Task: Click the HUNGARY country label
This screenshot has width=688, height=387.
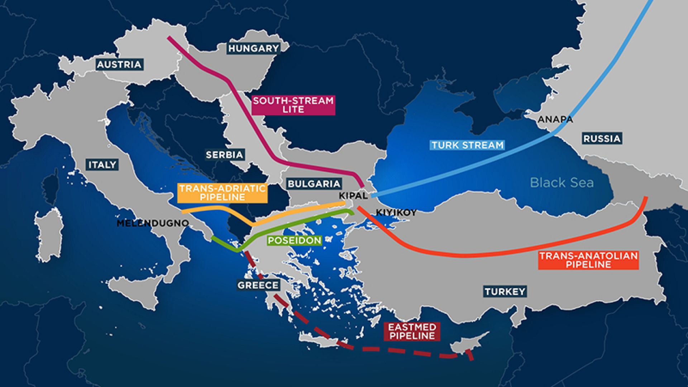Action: click(253, 48)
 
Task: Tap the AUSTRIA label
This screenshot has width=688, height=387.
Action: click(119, 64)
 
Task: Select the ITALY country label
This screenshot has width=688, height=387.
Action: click(102, 164)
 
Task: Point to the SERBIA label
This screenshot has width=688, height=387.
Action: click(225, 155)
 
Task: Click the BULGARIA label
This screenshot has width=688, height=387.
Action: click(314, 184)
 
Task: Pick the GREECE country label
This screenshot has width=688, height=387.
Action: click(258, 285)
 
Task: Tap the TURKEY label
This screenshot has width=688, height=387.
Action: click(505, 291)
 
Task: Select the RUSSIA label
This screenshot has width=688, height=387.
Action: click(602, 139)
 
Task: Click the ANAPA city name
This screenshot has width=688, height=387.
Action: click(555, 119)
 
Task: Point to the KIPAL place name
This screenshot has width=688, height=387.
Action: click(353, 196)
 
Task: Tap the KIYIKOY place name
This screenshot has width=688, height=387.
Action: click(396, 213)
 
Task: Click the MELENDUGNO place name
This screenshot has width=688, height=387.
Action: click(153, 223)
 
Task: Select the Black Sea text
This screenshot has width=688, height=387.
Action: click(562, 182)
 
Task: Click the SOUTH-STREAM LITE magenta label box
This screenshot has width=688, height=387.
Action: click(293, 105)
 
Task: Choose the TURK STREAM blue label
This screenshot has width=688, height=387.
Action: click(467, 145)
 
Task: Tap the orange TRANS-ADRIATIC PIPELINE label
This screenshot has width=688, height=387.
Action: click(223, 193)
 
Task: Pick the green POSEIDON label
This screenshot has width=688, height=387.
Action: click(295, 240)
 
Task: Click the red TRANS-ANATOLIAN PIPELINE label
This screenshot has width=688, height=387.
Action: click(588, 260)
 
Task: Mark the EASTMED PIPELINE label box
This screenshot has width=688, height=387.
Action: click(412, 331)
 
